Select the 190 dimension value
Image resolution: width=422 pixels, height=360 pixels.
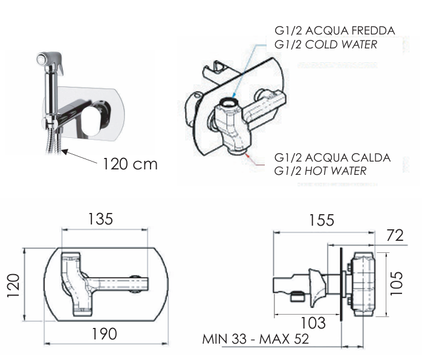tap(105, 333)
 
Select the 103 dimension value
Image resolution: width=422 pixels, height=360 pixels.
tap(313, 323)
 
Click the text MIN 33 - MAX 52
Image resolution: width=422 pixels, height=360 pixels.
tap(256, 339)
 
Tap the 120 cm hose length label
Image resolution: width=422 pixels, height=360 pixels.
tap(129, 163)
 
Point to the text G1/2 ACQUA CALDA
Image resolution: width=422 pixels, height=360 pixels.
tap(332, 158)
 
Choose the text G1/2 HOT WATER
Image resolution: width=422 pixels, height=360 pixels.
tap(320, 171)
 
